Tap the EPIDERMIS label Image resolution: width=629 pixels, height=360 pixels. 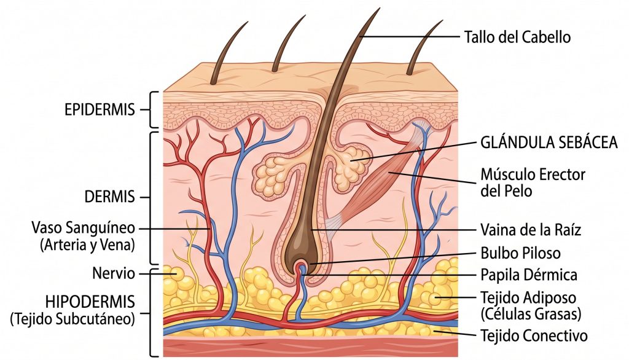click(x=99, y=110)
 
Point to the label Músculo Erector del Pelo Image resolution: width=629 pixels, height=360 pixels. click(x=532, y=182)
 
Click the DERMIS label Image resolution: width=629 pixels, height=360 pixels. click(x=109, y=197)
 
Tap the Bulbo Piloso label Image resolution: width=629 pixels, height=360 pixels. click(x=520, y=252)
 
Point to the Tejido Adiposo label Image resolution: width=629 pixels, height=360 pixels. click(x=528, y=298)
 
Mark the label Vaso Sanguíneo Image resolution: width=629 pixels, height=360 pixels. click(x=83, y=228)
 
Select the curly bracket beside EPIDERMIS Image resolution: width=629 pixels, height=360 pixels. click(x=152, y=110)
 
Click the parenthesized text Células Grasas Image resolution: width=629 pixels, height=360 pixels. click(x=529, y=314)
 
